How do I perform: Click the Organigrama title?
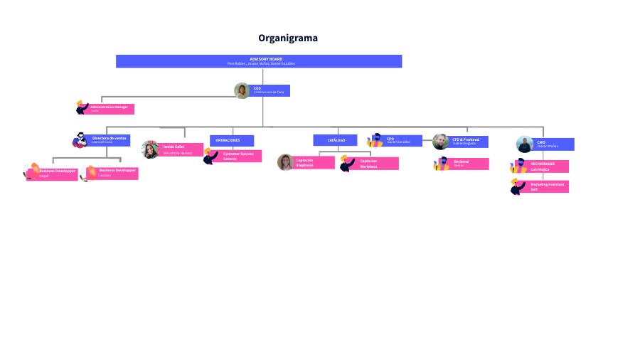[x=287, y=38]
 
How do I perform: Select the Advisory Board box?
[x=259, y=61]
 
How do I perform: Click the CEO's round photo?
[x=242, y=90]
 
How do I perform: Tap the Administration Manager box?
[x=111, y=109]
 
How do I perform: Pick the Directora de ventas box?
[x=110, y=140]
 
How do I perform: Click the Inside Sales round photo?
[x=150, y=149]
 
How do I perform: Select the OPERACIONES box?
[x=231, y=140]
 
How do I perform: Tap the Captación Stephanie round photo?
[x=285, y=162]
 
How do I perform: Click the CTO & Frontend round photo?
[x=441, y=142]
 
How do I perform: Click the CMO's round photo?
[x=524, y=144]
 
